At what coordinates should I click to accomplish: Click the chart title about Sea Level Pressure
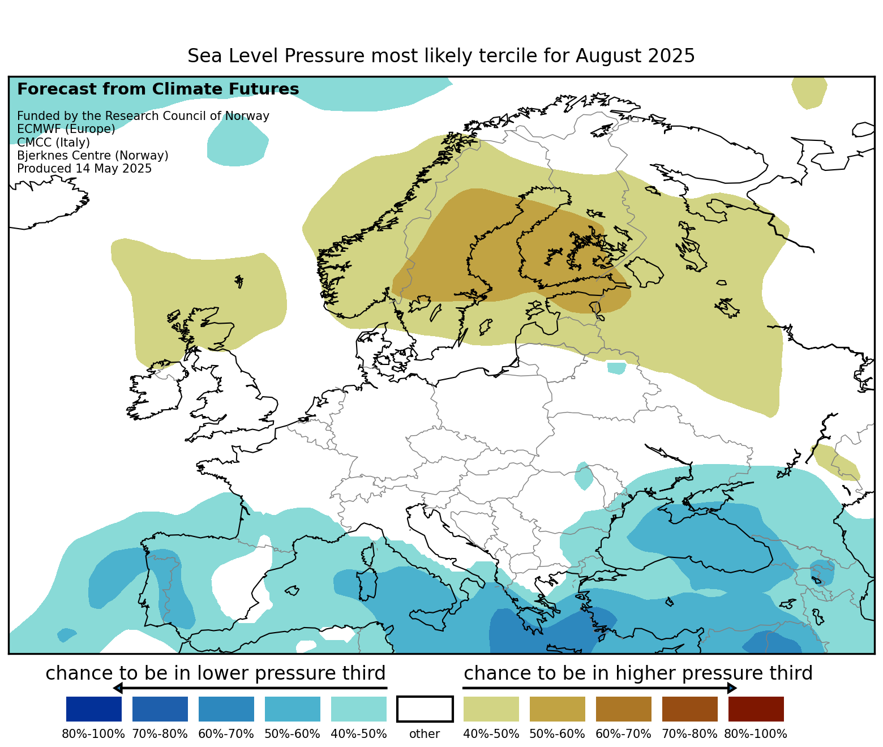441,56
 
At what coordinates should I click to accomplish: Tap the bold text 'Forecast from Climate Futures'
158,89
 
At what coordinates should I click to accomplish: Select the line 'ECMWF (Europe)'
66,129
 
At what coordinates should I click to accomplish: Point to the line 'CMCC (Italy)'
53,142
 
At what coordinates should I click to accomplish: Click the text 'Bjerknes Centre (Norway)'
93,156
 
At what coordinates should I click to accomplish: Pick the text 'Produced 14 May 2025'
84,169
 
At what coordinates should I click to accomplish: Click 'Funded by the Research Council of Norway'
143,116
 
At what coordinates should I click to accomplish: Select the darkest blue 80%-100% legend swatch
94,709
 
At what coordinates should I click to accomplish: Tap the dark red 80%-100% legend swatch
756,709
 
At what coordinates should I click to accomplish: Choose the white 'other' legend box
425,709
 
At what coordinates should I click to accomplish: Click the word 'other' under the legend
425,734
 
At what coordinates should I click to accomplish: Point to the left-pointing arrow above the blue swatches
119,688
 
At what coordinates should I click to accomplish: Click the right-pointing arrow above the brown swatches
731,688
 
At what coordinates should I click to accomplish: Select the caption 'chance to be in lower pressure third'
216,673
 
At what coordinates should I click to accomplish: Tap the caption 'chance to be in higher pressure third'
638,673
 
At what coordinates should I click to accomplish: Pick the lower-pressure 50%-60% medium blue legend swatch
293,709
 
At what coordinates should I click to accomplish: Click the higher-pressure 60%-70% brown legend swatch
623,709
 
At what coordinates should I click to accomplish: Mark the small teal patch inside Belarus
616,368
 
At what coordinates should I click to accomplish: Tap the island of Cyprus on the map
669,602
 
